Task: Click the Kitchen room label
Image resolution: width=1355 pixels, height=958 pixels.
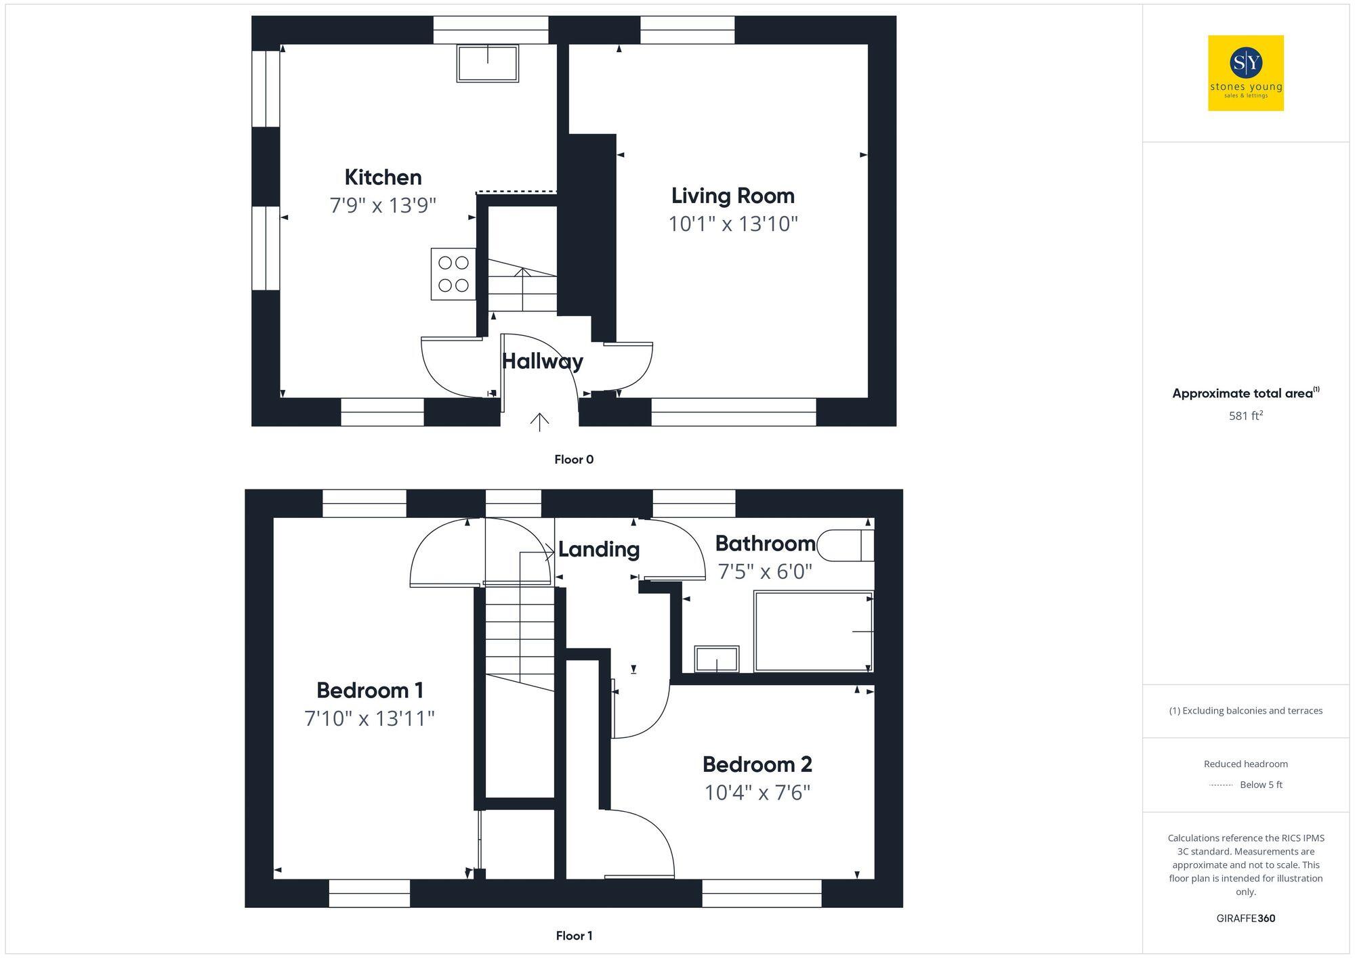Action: [x=383, y=177]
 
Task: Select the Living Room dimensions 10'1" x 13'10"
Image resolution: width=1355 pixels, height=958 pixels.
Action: [x=733, y=223]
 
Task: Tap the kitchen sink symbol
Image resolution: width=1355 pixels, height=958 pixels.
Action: [x=488, y=63]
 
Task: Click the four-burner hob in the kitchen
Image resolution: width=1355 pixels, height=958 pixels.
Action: [x=453, y=274]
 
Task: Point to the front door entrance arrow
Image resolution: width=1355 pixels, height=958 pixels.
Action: [x=539, y=422]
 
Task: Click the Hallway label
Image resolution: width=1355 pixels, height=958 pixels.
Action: [x=542, y=361]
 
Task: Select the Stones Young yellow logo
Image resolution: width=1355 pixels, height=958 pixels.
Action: [x=1245, y=73]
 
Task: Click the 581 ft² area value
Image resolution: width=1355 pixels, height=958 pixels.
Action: [x=1245, y=416]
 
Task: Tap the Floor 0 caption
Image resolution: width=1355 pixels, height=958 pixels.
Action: [x=574, y=460]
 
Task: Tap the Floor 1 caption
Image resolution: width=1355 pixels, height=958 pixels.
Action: [x=574, y=936]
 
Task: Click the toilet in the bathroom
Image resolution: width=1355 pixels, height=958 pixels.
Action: [x=846, y=546]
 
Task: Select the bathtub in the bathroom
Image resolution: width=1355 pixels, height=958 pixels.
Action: [x=813, y=631]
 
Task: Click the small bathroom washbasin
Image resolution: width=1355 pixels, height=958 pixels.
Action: [x=716, y=659]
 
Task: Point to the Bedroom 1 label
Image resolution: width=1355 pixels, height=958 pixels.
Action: [x=370, y=690]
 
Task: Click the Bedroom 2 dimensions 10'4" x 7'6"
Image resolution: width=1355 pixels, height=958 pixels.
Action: [x=757, y=792]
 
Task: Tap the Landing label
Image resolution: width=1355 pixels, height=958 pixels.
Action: [x=599, y=549]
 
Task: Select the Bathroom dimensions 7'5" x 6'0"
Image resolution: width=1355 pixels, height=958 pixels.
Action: [x=764, y=571]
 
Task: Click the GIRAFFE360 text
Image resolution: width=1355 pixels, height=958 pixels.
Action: [x=1245, y=919]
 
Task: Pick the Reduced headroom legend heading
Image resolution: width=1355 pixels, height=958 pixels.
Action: [x=1245, y=764]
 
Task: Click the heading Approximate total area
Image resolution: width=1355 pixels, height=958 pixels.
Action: [x=1243, y=393]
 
